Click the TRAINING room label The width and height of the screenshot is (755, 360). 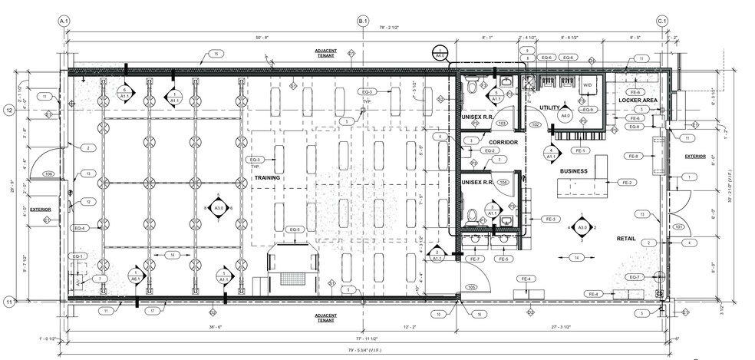[x=266, y=177]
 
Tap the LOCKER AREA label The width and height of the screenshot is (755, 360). [x=637, y=101]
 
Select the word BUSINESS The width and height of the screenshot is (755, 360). [x=573, y=171]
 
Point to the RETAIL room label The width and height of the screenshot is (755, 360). [x=627, y=239]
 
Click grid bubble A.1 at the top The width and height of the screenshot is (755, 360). [x=64, y=21]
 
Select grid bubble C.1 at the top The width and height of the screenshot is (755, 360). [x=661, y=21]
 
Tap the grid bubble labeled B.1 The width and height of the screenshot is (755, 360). [x=363, y=21]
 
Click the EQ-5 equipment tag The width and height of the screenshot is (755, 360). [x=295, y=230]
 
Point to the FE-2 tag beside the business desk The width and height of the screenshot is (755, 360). [x=626, y=182]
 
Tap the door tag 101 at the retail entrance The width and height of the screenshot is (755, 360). [x=678, y=227]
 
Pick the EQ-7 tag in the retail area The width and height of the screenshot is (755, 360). [x=634, y=277]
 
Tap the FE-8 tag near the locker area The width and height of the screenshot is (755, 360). [x=634, y=156]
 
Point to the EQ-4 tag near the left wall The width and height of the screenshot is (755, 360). [x=81, y=228]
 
